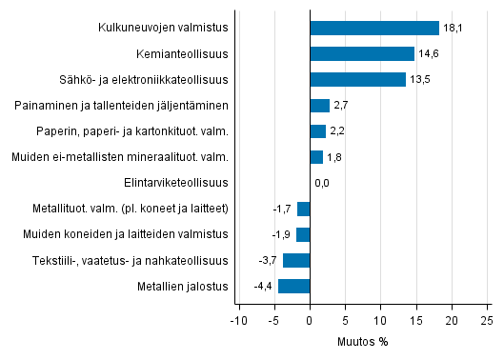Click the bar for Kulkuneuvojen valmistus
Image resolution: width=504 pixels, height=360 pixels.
374,29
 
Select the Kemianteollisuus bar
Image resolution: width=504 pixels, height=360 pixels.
362,54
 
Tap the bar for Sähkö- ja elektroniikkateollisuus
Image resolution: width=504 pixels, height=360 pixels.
358,80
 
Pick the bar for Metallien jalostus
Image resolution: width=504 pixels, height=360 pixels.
294,286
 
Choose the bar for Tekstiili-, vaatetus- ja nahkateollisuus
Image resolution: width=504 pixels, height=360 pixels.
296,260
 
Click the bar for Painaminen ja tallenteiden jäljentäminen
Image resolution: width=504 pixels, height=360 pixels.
320,106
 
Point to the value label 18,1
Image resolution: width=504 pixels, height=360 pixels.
453,29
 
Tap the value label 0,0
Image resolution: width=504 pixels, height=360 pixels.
322,183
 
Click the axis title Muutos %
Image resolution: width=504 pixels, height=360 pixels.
363,340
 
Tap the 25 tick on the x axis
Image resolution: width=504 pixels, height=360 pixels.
486,319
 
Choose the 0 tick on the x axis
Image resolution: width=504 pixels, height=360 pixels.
311,319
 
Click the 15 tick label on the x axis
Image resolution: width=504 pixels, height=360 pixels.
415,319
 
